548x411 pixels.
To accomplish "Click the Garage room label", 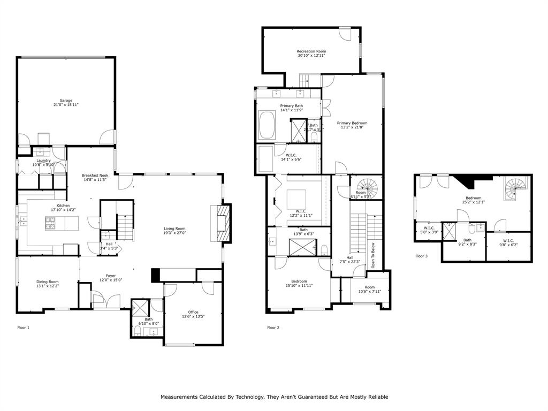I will coord(66,100).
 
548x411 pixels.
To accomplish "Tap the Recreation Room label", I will coord(311,51).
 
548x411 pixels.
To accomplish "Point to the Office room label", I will coord(193,312).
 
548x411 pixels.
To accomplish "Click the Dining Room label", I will coord(47,281).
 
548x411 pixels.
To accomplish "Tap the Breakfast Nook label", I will coord(95,175).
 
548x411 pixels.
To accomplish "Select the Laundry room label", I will coord(43,161).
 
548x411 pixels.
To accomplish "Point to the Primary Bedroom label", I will coord(352,123).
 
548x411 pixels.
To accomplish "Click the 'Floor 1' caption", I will coord(24,327).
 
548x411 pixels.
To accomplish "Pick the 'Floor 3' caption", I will coord(421,256).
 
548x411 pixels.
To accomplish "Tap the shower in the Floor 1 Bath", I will coord(141,308).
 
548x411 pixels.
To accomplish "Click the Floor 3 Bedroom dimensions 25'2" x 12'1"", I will coord(473,202).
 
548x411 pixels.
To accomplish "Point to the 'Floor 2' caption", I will coord(273,328).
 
